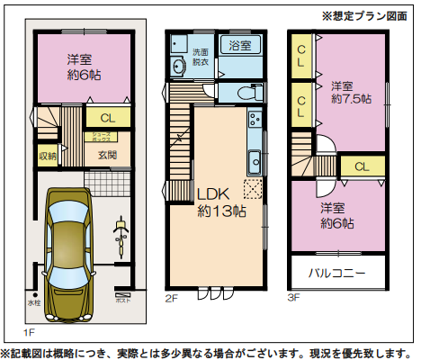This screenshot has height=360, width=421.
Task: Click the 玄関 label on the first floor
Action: pos(107,155)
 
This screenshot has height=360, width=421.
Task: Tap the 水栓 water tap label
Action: pos(34,302)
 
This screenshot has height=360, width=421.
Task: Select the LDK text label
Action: pos(215,193)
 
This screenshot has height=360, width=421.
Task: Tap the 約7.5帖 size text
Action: pos(349,99)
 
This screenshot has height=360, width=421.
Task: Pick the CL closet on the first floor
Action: pos(107,118)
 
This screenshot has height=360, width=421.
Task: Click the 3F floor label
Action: pos(293,297)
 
